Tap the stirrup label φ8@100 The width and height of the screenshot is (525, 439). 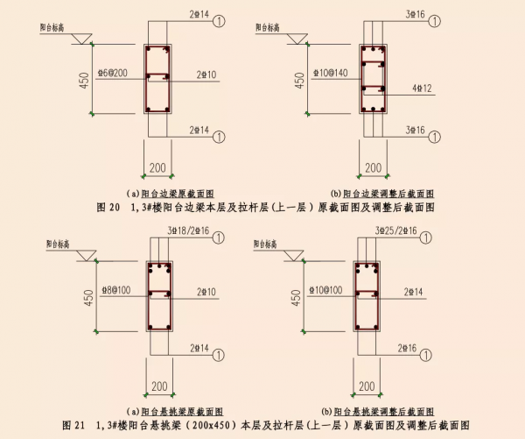[x=115, y=288]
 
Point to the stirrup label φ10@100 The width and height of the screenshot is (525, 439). [x=328, y=288]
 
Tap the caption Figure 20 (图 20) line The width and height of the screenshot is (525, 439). [x=262, y=207]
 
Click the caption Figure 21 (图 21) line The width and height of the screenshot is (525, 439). [x=262, y=425]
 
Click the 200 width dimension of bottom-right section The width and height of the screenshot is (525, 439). [x=372, y=386]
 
